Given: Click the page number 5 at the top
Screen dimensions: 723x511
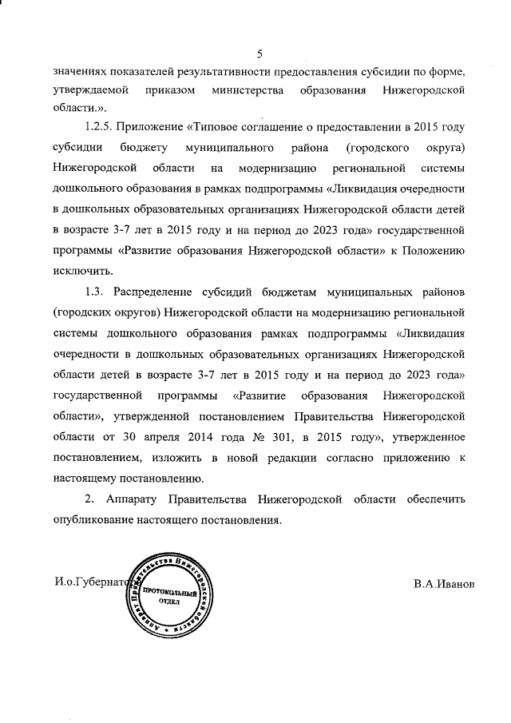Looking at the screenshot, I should [259, 54].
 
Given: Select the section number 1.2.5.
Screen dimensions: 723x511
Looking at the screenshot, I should [102, 128].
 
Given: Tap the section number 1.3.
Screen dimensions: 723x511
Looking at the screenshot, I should [95, 290].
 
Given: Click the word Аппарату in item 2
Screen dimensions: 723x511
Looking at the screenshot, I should [134, 499].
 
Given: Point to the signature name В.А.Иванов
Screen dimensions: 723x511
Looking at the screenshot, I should [444, 584].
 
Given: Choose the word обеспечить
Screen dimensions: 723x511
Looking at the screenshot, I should [430, 499].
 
